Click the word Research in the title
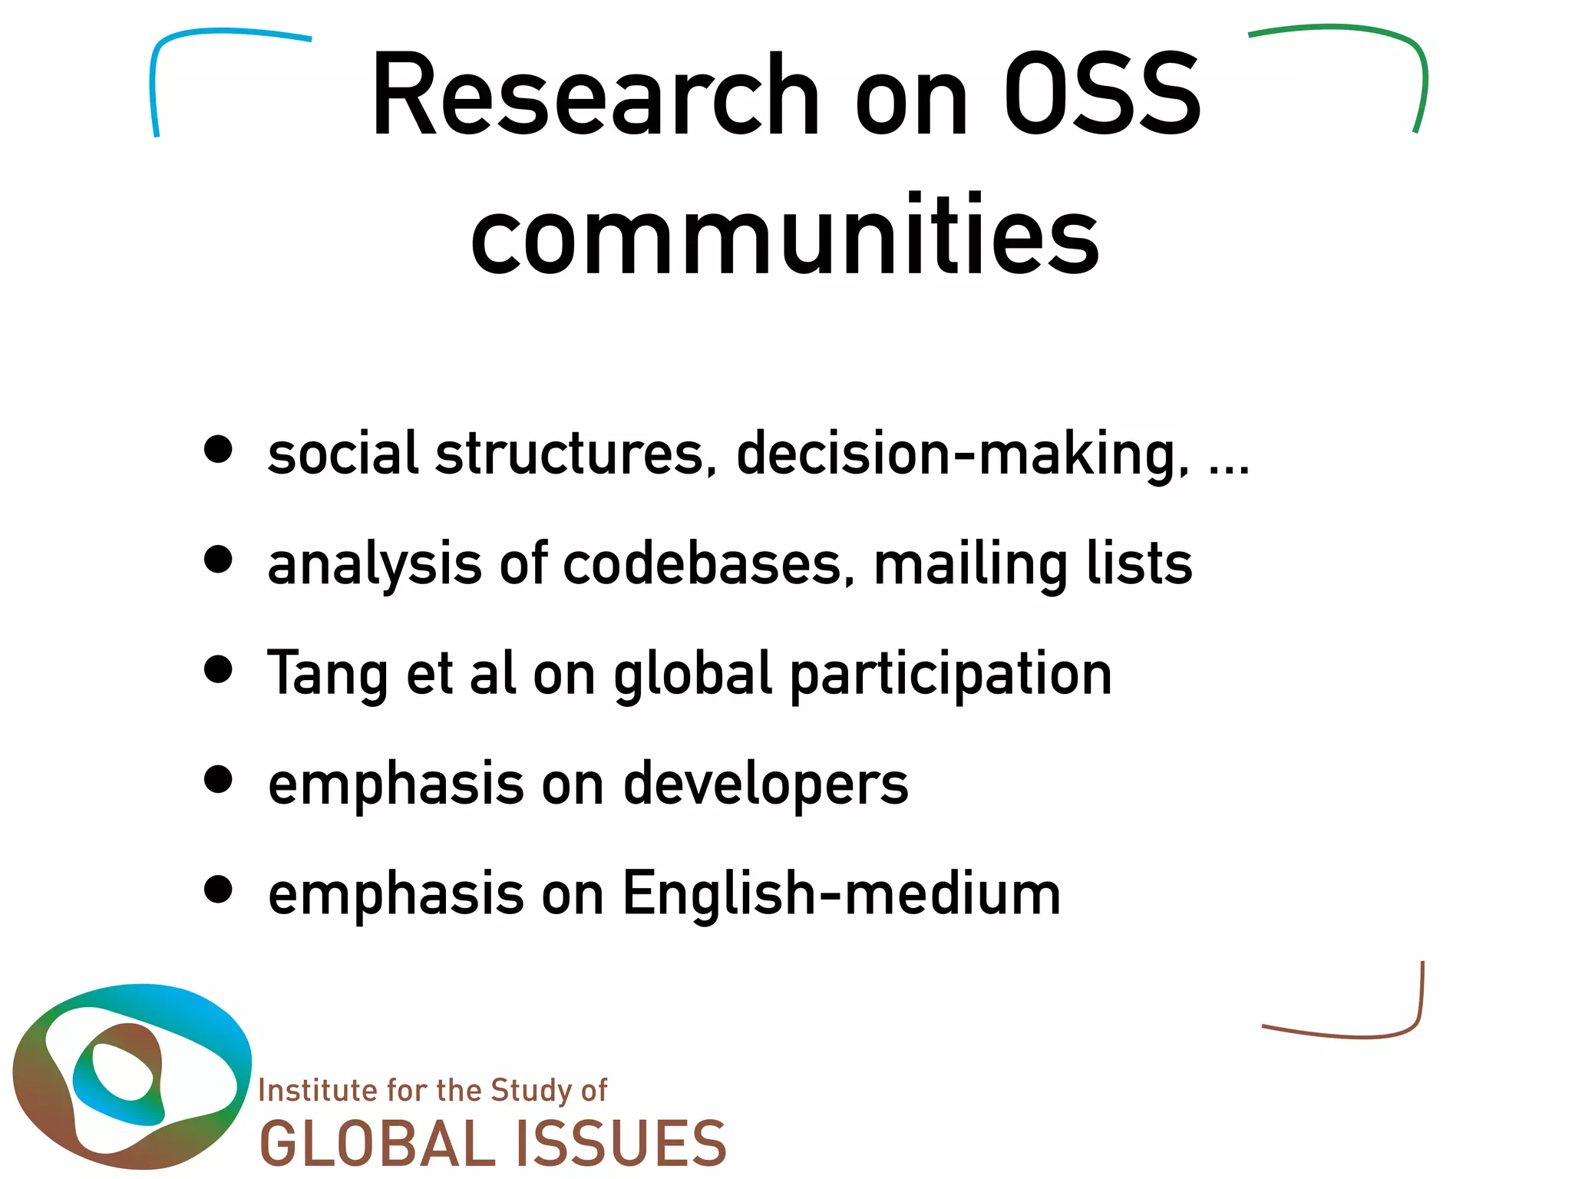pyautogui.click(x=595, y=96)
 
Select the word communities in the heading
pyautogui.click(x=784, y=234)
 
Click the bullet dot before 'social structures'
pyautogui.click(x=219, y=450)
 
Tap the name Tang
pyautogui.click(x=326, y=674)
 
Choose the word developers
pyautogui.click(x=765, y=784)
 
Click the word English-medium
pyautogui.click(x=840, y=894)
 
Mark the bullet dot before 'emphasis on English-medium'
pyautogui.click(x=219, y=890)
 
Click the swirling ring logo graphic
pyautogui.click(x=130, y=1075)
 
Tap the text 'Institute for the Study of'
pyautogui.click(x=432, y=1091)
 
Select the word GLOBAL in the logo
pyautogui.click(x=378, y=1143)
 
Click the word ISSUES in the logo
pyautogui.click(x=620, y=1143)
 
